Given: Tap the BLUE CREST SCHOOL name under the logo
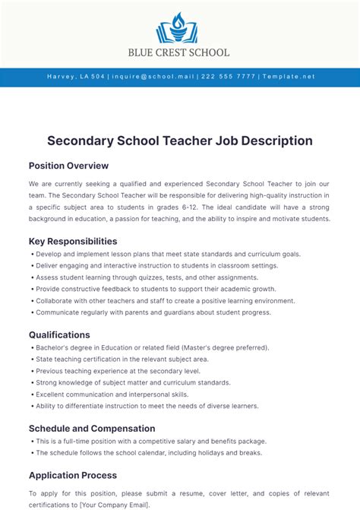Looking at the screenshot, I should (x=180, y=52).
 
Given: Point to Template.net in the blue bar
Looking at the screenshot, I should (x=288, y=77).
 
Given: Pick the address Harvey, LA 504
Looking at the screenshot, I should (x=75, y=77).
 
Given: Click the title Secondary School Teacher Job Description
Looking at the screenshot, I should (x=180, y=141).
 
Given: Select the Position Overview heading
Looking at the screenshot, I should (x=68, y=166).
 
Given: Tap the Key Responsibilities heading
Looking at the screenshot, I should (x=73, y=241).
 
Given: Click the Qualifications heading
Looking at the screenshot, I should (x=59, y=334).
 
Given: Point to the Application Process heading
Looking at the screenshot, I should (x=73, y=475).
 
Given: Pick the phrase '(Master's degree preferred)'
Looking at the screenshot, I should (x=225, y=347).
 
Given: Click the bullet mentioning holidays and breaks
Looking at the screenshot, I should (x=148, y=452).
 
